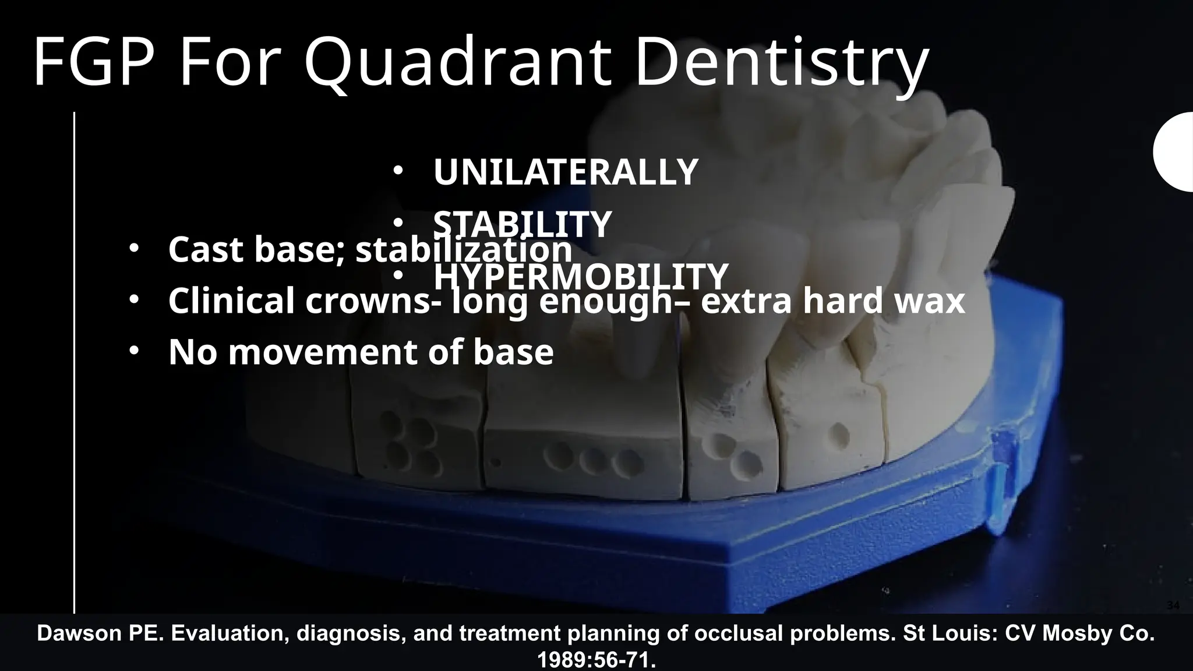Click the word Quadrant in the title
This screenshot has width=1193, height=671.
click(457, 63)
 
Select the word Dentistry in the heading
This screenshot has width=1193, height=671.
click(781, 63)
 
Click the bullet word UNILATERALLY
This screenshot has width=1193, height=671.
click(565, 172)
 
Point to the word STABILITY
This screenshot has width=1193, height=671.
click(522, 224)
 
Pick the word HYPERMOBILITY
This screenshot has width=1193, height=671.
click(581, 277)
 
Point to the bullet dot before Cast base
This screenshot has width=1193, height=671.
click(134, 249)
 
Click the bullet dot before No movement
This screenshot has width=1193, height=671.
click(134, 351)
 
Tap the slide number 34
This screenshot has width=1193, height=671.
click(1173, 606)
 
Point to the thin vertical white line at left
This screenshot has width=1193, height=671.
click(75, 361)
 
